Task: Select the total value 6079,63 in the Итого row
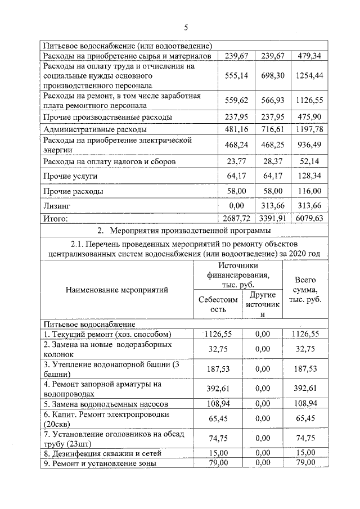[x=308, y=219]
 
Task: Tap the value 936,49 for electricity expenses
[x=308, y=144]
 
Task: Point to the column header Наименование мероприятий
[x=117, y=290]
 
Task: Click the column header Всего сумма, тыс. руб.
[x=305, y=290]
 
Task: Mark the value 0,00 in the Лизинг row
[x=236, y=206]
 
